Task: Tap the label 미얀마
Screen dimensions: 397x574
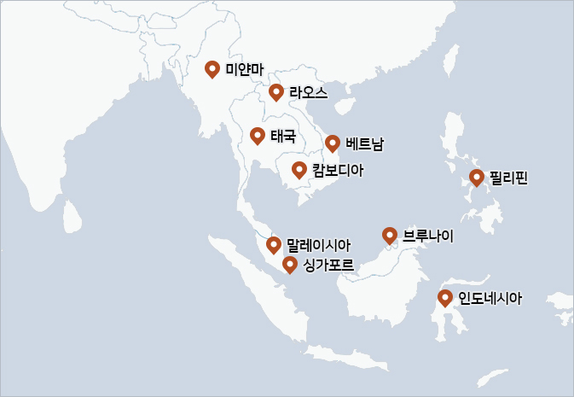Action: coord(240,69)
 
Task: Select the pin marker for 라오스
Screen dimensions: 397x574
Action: coord(275,92)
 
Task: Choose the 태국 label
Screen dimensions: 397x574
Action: coord(283,136)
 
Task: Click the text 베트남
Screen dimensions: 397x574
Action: coord(365,143)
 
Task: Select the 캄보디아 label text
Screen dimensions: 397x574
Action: coord(338,170)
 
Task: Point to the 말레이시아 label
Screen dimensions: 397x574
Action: coord(319,245)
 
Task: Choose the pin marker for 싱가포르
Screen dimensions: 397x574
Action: coord(290,265)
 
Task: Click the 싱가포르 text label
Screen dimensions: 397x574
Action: coord(328,265)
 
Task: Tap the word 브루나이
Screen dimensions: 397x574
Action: coord(428,235)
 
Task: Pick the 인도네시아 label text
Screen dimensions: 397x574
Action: coord(490,298)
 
